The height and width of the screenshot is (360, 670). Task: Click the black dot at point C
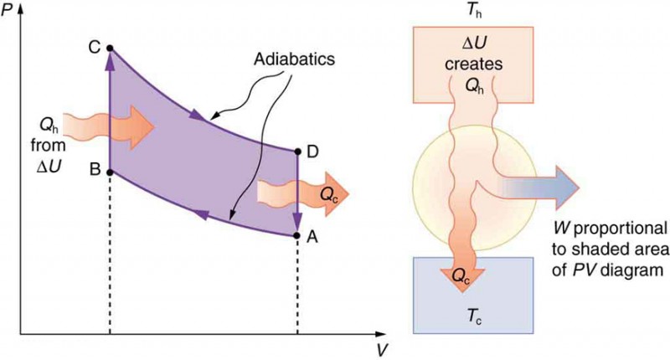[x=111, y=49]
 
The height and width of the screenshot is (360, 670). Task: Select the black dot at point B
[x=111, y=170]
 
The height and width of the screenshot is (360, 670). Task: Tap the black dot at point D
[x=297, y=152]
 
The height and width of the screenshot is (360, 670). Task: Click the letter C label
[x=94, y=48]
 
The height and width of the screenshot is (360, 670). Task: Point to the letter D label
[x=313, y=151]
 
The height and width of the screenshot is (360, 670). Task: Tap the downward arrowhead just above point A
[x=297, y=224]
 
